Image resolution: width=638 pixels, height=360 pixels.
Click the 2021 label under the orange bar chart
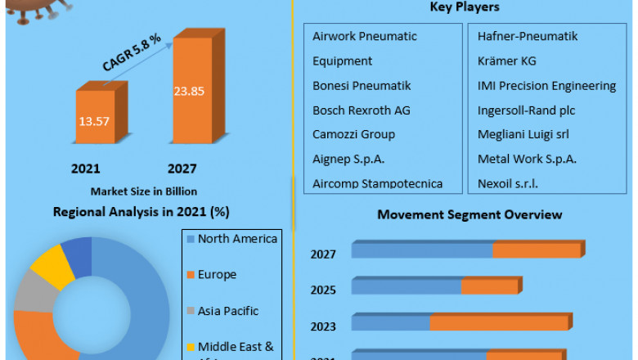(85, 169)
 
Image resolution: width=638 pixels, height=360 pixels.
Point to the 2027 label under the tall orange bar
(182, 169)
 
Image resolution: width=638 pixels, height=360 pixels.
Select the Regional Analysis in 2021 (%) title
(141, 212)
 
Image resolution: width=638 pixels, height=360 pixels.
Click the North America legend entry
(237, 239)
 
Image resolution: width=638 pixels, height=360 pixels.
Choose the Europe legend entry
(217, 275)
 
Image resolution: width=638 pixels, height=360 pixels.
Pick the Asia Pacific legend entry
(227, 311)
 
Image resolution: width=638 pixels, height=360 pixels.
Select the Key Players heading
(465, 7)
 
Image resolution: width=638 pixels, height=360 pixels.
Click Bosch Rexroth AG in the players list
(361, 110)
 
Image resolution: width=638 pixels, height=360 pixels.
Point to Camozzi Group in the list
(353, 134)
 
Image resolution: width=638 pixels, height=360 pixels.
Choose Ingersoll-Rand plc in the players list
(526, 110)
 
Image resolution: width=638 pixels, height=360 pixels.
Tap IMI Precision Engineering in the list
(546, 85)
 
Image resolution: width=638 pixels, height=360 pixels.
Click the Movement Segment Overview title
(469, 214)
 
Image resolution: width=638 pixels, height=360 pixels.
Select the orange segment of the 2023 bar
(499, 323)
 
